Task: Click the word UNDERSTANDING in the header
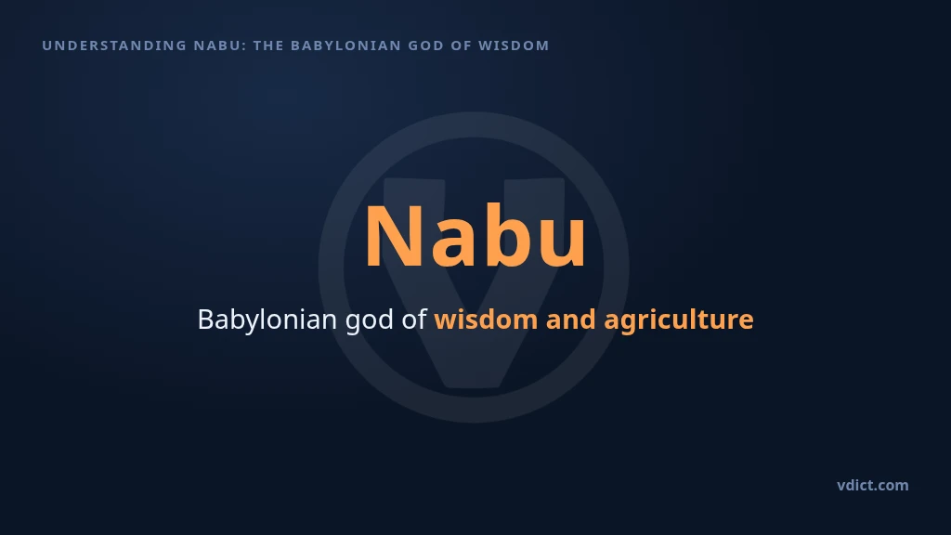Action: click(114, 46)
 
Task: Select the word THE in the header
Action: click(268, 46)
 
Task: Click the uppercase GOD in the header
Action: click(425, 46)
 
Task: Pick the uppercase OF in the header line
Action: click(462, 46)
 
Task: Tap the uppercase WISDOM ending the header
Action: click(514, 46)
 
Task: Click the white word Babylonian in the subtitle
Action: click(267, 320)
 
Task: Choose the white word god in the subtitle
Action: click(370, 320)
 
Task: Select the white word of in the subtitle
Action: click(414, 320)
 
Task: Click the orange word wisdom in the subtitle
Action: click(486, 320)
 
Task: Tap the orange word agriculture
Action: click(679, 320)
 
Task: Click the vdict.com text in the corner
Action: click(873, 485)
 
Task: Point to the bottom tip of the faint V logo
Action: click(475, 387)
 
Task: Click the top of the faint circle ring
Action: click(475, 124)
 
